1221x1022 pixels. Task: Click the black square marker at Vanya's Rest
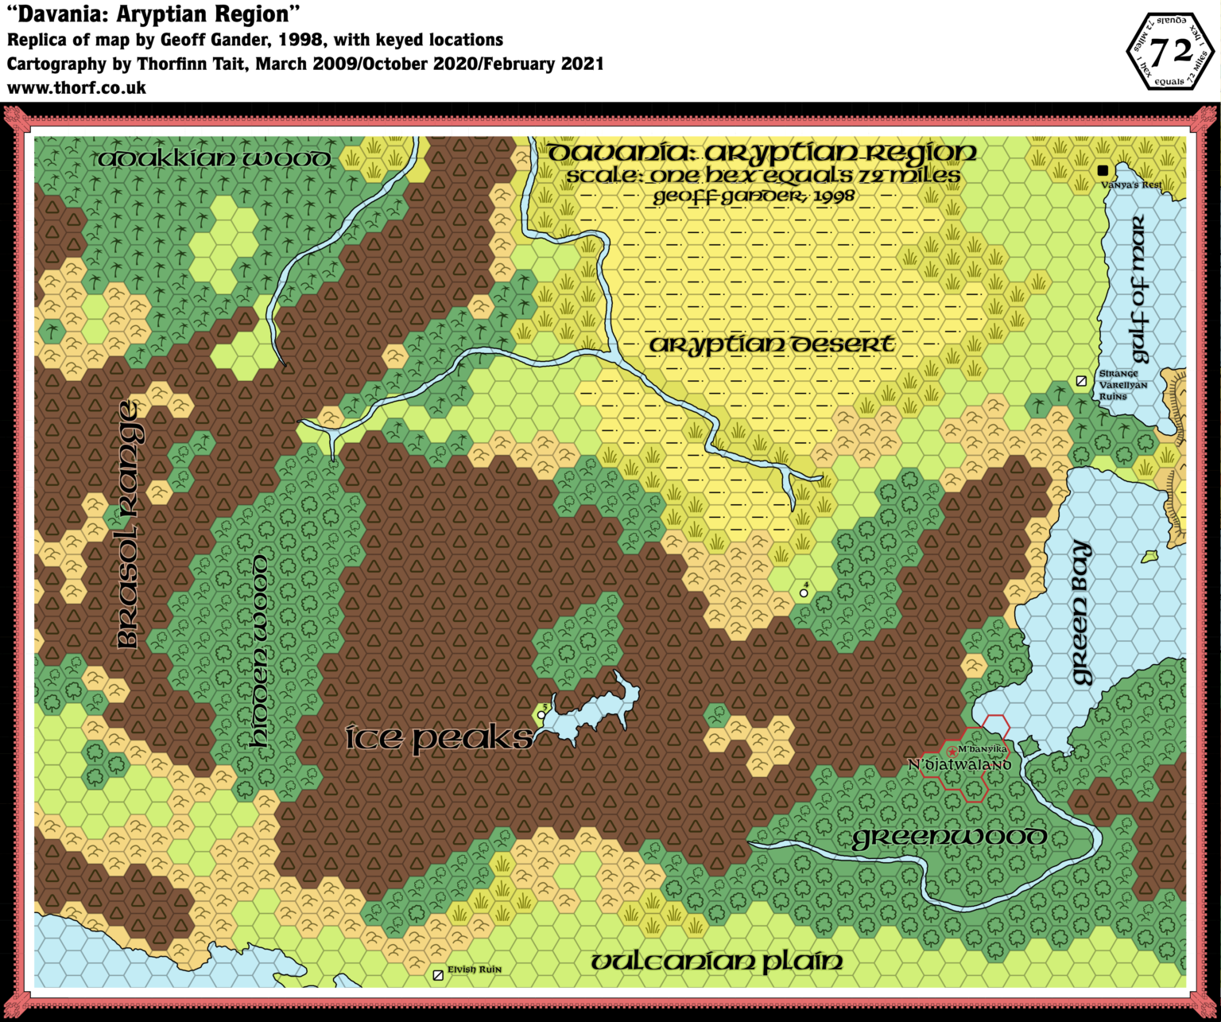[x=1103, y=170]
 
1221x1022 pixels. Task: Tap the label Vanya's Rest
[x=1131, y=185]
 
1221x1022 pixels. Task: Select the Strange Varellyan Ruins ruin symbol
[x=1081, y=382]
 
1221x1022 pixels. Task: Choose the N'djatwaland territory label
[x=959, y=765]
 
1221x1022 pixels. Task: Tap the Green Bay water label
[x=1081, y=612]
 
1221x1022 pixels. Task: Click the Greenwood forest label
[x=949, y=837]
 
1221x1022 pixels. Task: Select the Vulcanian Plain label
[x=717, y=962]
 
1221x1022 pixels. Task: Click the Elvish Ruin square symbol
[x=438, y=975]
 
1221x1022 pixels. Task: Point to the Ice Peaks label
[x=440, y=738]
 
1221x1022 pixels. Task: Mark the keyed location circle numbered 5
[x=541, y=715]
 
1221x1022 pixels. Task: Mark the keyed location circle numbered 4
[x=804, y=593]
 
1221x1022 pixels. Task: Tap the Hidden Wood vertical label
[x=259, y=651]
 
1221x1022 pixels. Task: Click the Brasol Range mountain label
[x=128, y=525]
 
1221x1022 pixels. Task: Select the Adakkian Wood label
[x=214, y=159]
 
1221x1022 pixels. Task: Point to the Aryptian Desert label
[x=772, y=345]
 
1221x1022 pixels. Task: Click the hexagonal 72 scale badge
[x=1172, y=51]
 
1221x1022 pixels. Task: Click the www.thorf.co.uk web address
[x=76, y=88]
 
